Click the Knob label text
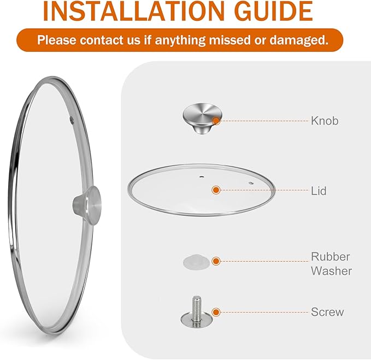pos(325,121)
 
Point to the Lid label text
pos(319,191)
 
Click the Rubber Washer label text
pos(331,263)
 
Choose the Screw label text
pos(327,312)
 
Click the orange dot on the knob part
pos(217,121)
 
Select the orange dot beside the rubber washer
pos(216,262)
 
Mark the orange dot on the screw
pos(216,312)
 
